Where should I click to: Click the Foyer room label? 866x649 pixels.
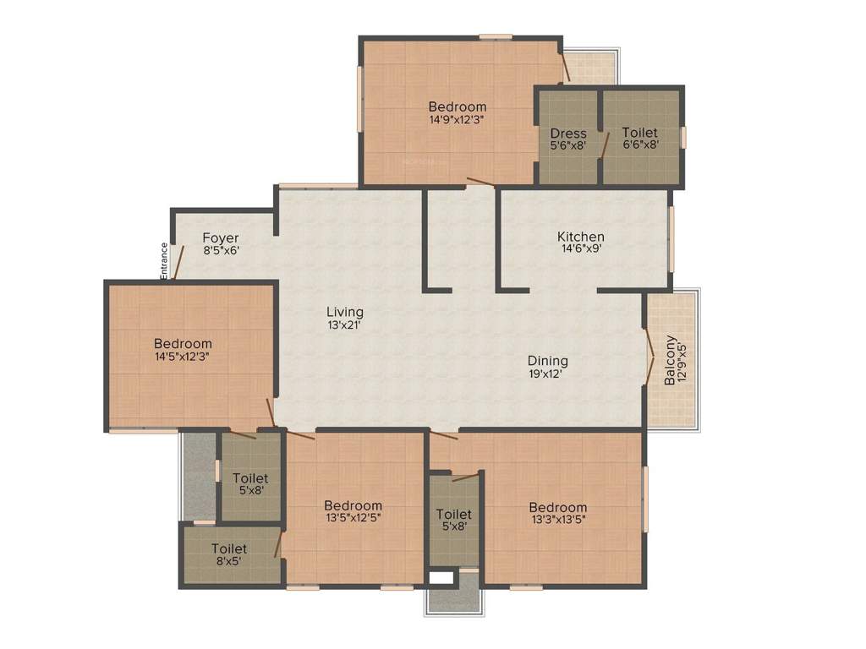coord(220,238)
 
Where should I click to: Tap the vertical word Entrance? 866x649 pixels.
coord(164,260)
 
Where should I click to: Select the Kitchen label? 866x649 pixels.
coord(580,237)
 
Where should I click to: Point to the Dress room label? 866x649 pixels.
coord(567,134)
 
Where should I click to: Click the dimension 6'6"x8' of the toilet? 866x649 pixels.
coord(640,145)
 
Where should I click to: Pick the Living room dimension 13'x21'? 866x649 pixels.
coord(345,324)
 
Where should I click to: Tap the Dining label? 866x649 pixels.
coord(548,361)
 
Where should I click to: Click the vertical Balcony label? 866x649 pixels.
coord(669,361)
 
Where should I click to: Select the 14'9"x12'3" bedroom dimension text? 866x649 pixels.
coord(457,119)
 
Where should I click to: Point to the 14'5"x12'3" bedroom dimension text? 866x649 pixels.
coord(183,357)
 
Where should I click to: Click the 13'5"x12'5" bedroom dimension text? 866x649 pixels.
coord(353,518)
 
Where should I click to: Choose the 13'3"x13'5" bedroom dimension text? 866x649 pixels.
coord(558,520)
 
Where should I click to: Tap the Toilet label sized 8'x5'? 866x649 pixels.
coord(229,549)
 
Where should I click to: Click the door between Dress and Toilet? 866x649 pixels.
coord(604,144)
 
